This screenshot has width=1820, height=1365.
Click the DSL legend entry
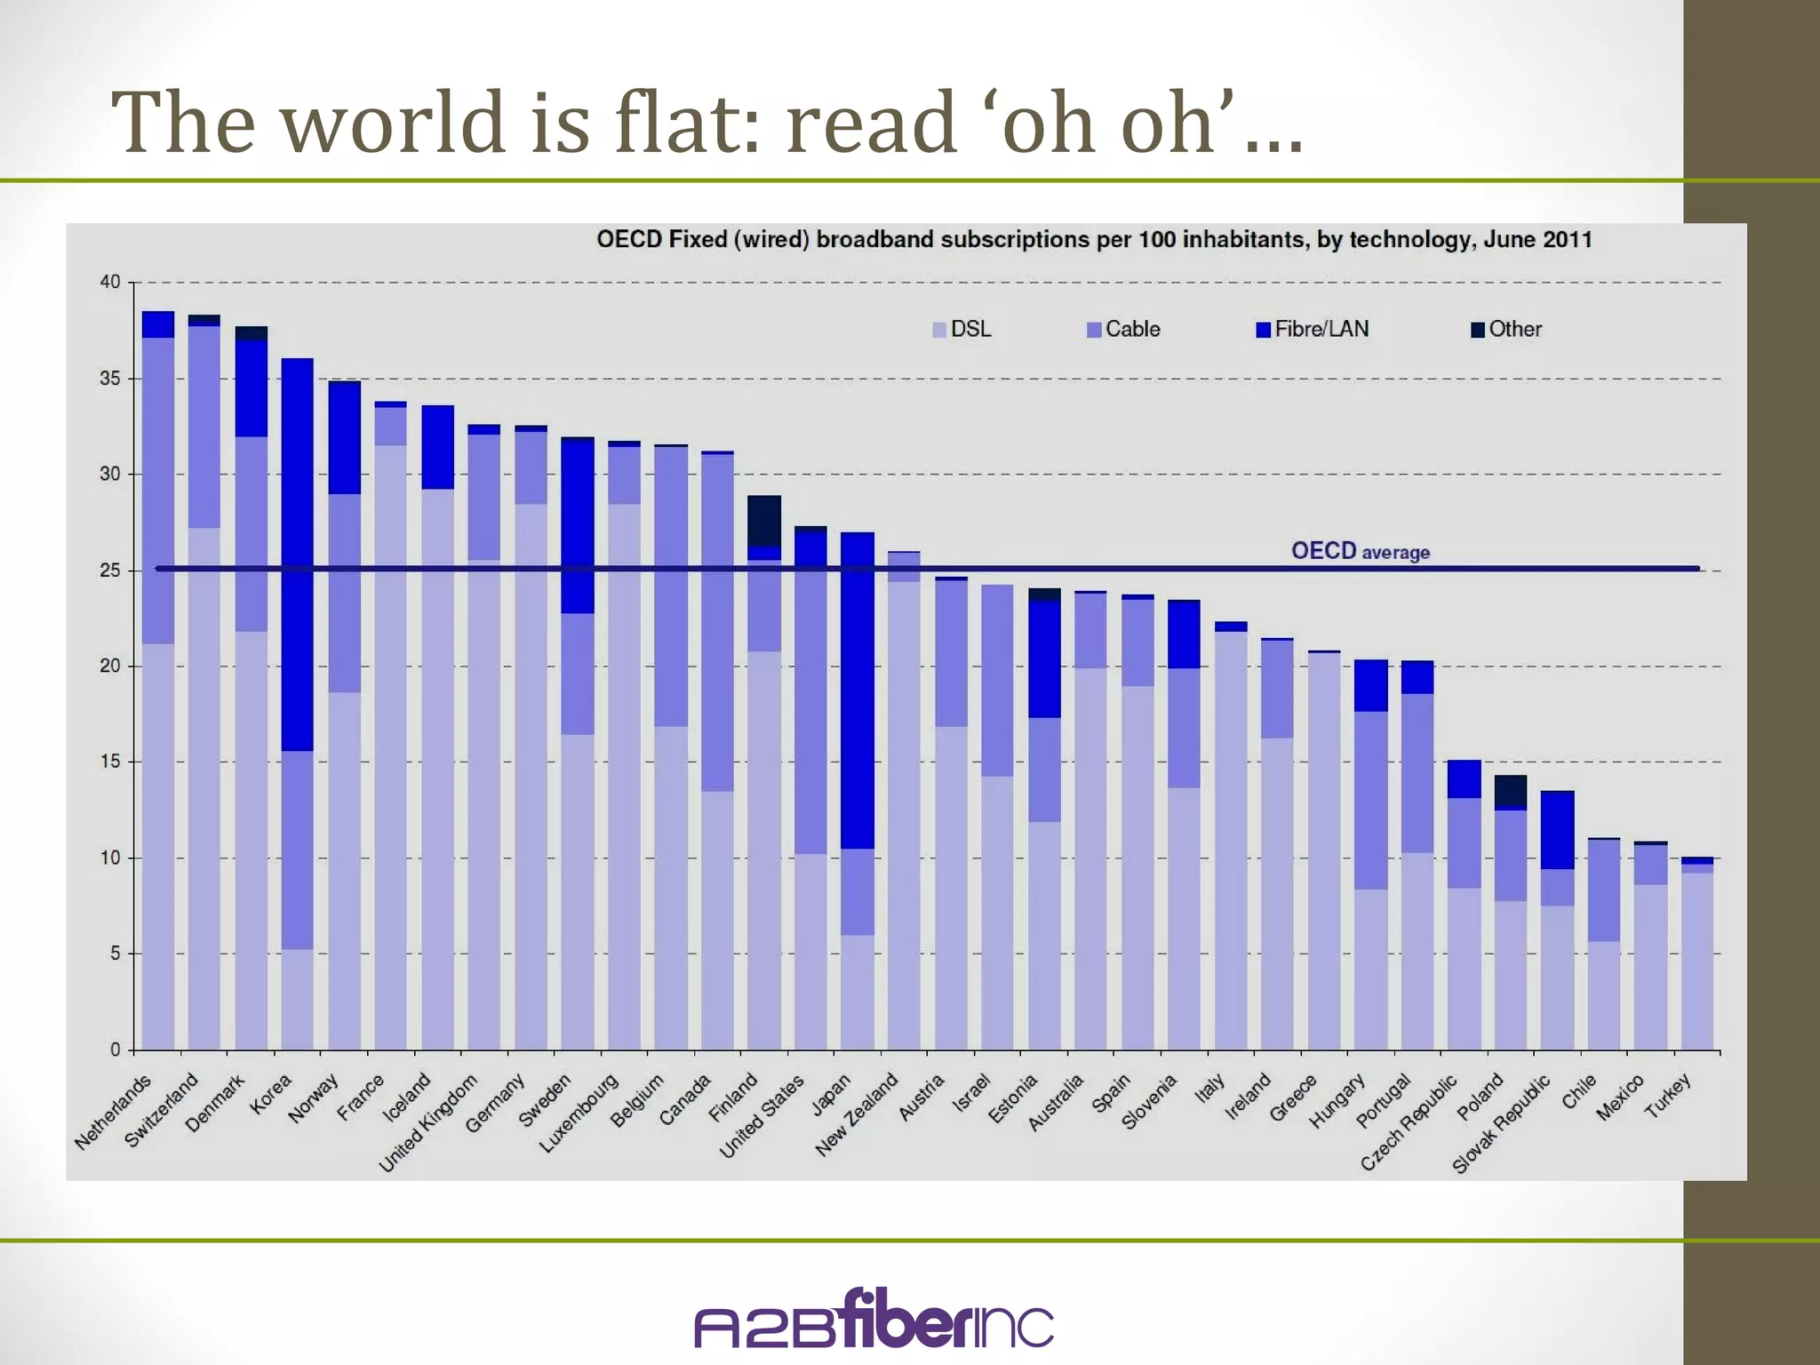pyautogui.click(x=962, y=330)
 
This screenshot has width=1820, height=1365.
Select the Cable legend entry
pyautogui.click(x=1123, y=330)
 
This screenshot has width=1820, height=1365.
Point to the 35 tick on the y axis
pyautogui.click(x=109, y=379)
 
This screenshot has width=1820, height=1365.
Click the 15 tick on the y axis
pyautogui.click(x=109, y=762)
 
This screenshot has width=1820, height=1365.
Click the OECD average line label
pyautogui.click(x=1360, y=551)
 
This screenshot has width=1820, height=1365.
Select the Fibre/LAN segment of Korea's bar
pyautogui.click(x=298, y=551)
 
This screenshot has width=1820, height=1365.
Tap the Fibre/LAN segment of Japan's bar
pyautogui.click(x=858, y=693)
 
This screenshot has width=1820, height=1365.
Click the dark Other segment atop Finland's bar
pyautogui.click(x=764, y=520)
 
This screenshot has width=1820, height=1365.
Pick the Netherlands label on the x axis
pyautogui.click(x=114, y=1112)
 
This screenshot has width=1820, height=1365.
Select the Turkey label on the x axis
pyautogui.click(x=1667, y=1096)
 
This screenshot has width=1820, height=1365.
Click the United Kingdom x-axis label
pyautogui.click(x=429, y=1122)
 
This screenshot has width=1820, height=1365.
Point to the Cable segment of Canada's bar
pyautogui.click(x=717, y=622)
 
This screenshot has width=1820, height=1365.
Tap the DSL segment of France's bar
pyautogui.click(x=391, y=746)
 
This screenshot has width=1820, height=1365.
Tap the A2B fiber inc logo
pyautogui.click(x=874, y=1321)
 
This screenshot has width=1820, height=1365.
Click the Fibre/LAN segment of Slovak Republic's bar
pyautogui.click(x=1557, y=829)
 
